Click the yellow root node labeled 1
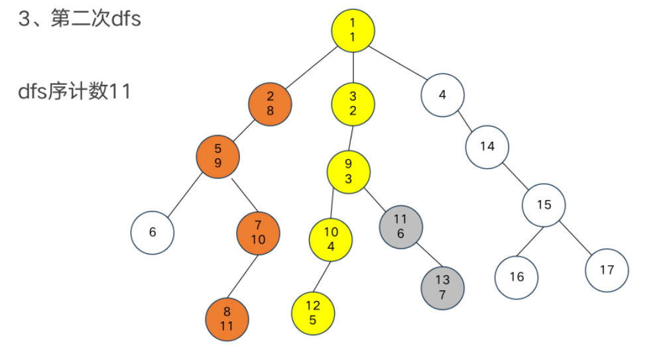pos(353,30)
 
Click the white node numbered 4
pos(442,94)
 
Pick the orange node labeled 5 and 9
pos(217,156)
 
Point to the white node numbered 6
pos(152,232)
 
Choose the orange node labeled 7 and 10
pos(258,232)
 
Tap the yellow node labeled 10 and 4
pos(331,239)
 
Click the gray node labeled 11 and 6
pos(400,226)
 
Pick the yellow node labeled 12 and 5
pos(312,312)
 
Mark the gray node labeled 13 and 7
pos(442,288)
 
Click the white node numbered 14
pos(487,147)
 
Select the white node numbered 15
pos(544,205)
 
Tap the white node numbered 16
pos(516,276)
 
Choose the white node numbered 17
pos(607,270)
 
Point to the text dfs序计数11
pos(75,91)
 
